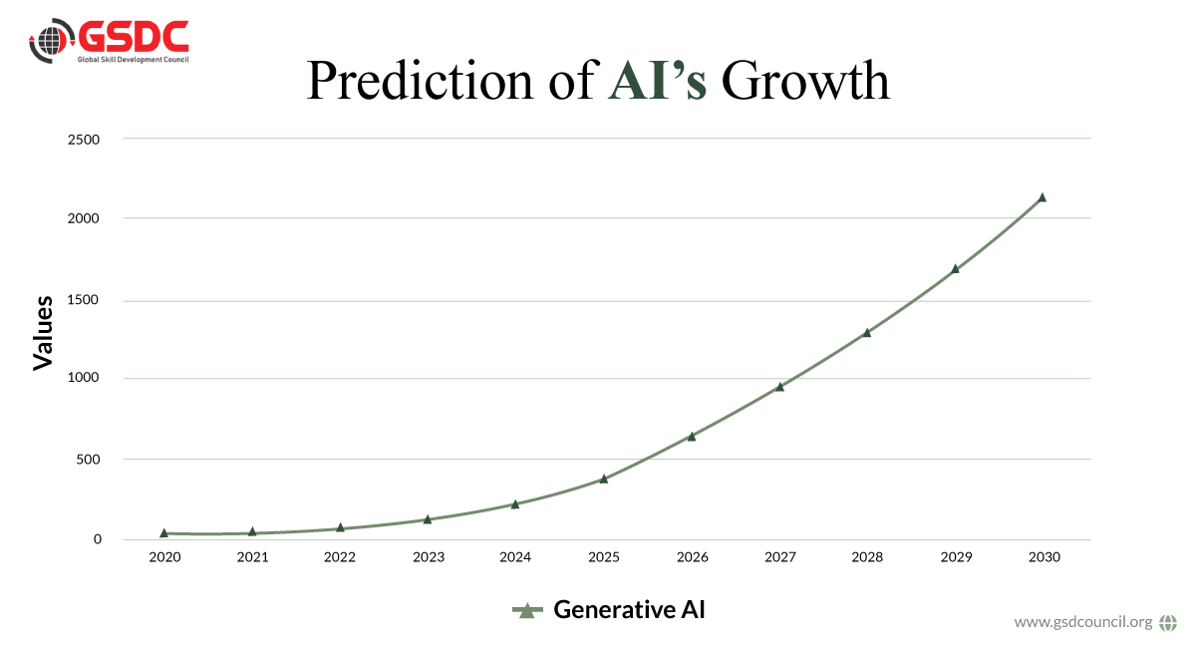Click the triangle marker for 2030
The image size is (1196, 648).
pyautogui.click(x=1042, y=197)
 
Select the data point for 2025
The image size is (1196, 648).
pyautogui.click(x=604, y=479)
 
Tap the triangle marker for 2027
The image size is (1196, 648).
pyautogui.click(x=779, y=386)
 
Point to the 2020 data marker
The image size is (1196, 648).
pyautogui.click(x=163, y=532)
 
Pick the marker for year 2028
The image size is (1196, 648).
pyautogui.click(x=867, y=332)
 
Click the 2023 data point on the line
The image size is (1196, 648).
pyautogui.click(x=428, y=518)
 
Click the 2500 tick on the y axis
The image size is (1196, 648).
pyautogui.click(x=84, y=140)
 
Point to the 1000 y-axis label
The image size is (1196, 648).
pyautogui.click(x=84, y=377)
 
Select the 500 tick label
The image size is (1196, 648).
pyautogui.click(x=88, y=460)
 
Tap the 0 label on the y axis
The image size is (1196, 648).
pyautogui.click(x=98, y=539)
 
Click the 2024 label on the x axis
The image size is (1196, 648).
pyautogui.click(x=515, y=557)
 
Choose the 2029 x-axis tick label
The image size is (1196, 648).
pyautogui.click(x=956, y=557)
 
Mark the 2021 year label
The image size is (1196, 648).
pyautogui.click(x=252, y=557)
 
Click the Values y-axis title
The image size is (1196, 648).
pyautogui.click(x=43, y=333)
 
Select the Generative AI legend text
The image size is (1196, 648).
pyautogui.click(x=630, y=609)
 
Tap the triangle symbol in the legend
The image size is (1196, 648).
pyautogui.click(x=527, y=610)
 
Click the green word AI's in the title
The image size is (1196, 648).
pyautogui.click(x=657, y=81)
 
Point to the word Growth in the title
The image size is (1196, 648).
pyautogui.click(x=805, y=80)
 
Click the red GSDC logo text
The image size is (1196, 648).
pyautogui.click(x=134, y=37)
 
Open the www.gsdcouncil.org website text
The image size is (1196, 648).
pyautogui.click(x=1083, y=622)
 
